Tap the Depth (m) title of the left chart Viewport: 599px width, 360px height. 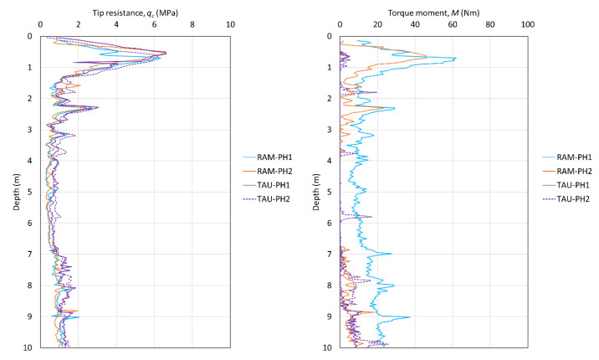[18, 192]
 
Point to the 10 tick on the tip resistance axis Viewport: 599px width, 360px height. [230, 25]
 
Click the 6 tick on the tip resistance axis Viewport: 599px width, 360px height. [155, 25]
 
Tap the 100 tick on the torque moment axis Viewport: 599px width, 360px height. [527, 25]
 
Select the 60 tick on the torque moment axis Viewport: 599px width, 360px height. [453, 25]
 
